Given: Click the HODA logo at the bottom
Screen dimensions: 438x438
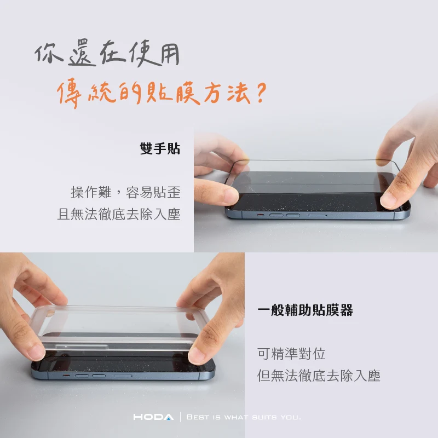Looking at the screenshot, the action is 153,417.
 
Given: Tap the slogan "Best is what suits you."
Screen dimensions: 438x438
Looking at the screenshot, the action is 244,417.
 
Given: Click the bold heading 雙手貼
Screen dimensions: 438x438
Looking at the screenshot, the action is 160,148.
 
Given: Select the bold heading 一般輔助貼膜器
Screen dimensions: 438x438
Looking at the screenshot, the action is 305,310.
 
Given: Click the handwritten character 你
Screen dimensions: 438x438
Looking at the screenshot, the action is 49,53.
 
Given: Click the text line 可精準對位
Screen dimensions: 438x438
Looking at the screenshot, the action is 291,354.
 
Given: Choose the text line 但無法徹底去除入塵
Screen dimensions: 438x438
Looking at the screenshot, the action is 319,375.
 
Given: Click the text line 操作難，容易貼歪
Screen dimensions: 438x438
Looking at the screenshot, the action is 126,192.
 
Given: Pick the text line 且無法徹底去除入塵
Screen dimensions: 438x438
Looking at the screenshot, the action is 119,214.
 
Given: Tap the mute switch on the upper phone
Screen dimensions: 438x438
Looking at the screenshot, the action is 261,215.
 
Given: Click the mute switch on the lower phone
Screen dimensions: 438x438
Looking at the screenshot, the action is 66,376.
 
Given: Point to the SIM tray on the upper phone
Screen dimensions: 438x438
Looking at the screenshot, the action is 318,215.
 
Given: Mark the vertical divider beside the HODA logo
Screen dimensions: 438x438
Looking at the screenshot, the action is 180,417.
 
